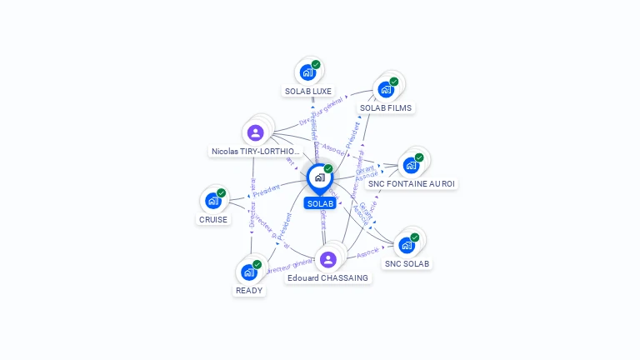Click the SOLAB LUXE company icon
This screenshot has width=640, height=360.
[x=307, y=72]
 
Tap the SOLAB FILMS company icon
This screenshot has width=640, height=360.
[x=385, y=89]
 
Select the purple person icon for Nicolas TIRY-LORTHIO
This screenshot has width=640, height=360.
[x=255, y=132]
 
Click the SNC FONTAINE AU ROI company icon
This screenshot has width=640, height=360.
[x=410, y=165]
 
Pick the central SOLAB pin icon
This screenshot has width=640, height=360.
[x=319, y=177]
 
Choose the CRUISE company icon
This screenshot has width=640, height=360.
[x=212, y=201]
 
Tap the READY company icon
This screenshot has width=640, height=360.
[x=248, y=272]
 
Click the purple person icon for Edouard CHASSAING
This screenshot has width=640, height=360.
[x=327, y=259]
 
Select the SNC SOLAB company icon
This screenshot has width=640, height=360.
[x=406, y=245]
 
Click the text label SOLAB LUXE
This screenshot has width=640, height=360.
[x=307, y=91]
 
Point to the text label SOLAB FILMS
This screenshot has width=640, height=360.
[x=385, y=107]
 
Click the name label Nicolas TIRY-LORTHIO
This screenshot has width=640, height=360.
[x=255, y=152]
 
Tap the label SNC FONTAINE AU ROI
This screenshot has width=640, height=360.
[x=412, y=183]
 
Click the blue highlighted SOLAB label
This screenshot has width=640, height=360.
[x=320, y=203]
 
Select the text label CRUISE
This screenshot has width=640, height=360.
[x=212, y=219]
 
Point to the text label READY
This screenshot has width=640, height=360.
[x=248, y=291]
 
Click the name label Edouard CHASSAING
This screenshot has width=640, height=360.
[x=327, y=277]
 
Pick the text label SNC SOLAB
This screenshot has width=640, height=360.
[x=407, y=263]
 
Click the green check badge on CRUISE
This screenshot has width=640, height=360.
[x=221, y=192]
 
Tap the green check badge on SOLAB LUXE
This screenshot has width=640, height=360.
[x=316, y=64]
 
